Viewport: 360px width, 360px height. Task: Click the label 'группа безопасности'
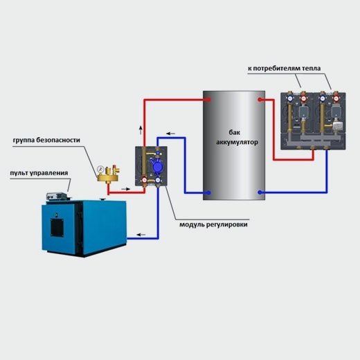[46, 141]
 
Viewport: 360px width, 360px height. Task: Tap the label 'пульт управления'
[39, 173]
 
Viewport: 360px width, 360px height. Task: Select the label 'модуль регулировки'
[213, 224]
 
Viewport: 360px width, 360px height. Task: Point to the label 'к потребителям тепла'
[285, 69]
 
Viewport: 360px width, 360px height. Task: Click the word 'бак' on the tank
[235, 132]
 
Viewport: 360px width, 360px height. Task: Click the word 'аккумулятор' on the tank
[237, 142]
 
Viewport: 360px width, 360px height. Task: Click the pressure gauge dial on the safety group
[100, 169]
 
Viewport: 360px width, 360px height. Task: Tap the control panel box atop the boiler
[57, 196]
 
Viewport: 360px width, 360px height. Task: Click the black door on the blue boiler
[57, 226]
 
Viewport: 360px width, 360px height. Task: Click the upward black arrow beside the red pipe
[141, 130]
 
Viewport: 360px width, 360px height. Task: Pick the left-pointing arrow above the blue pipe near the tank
[171, 134]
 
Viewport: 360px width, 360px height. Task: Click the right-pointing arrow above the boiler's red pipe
[126, 189]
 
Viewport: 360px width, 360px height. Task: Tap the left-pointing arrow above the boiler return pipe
[141, 235]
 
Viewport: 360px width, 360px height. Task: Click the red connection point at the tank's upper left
[208, 100]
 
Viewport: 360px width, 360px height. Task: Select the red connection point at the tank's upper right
[260, 100]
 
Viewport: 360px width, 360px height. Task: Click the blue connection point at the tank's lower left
[208, 192]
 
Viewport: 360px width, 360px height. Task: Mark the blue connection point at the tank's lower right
[260, 192]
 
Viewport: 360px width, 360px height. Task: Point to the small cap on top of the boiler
[102, 199]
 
